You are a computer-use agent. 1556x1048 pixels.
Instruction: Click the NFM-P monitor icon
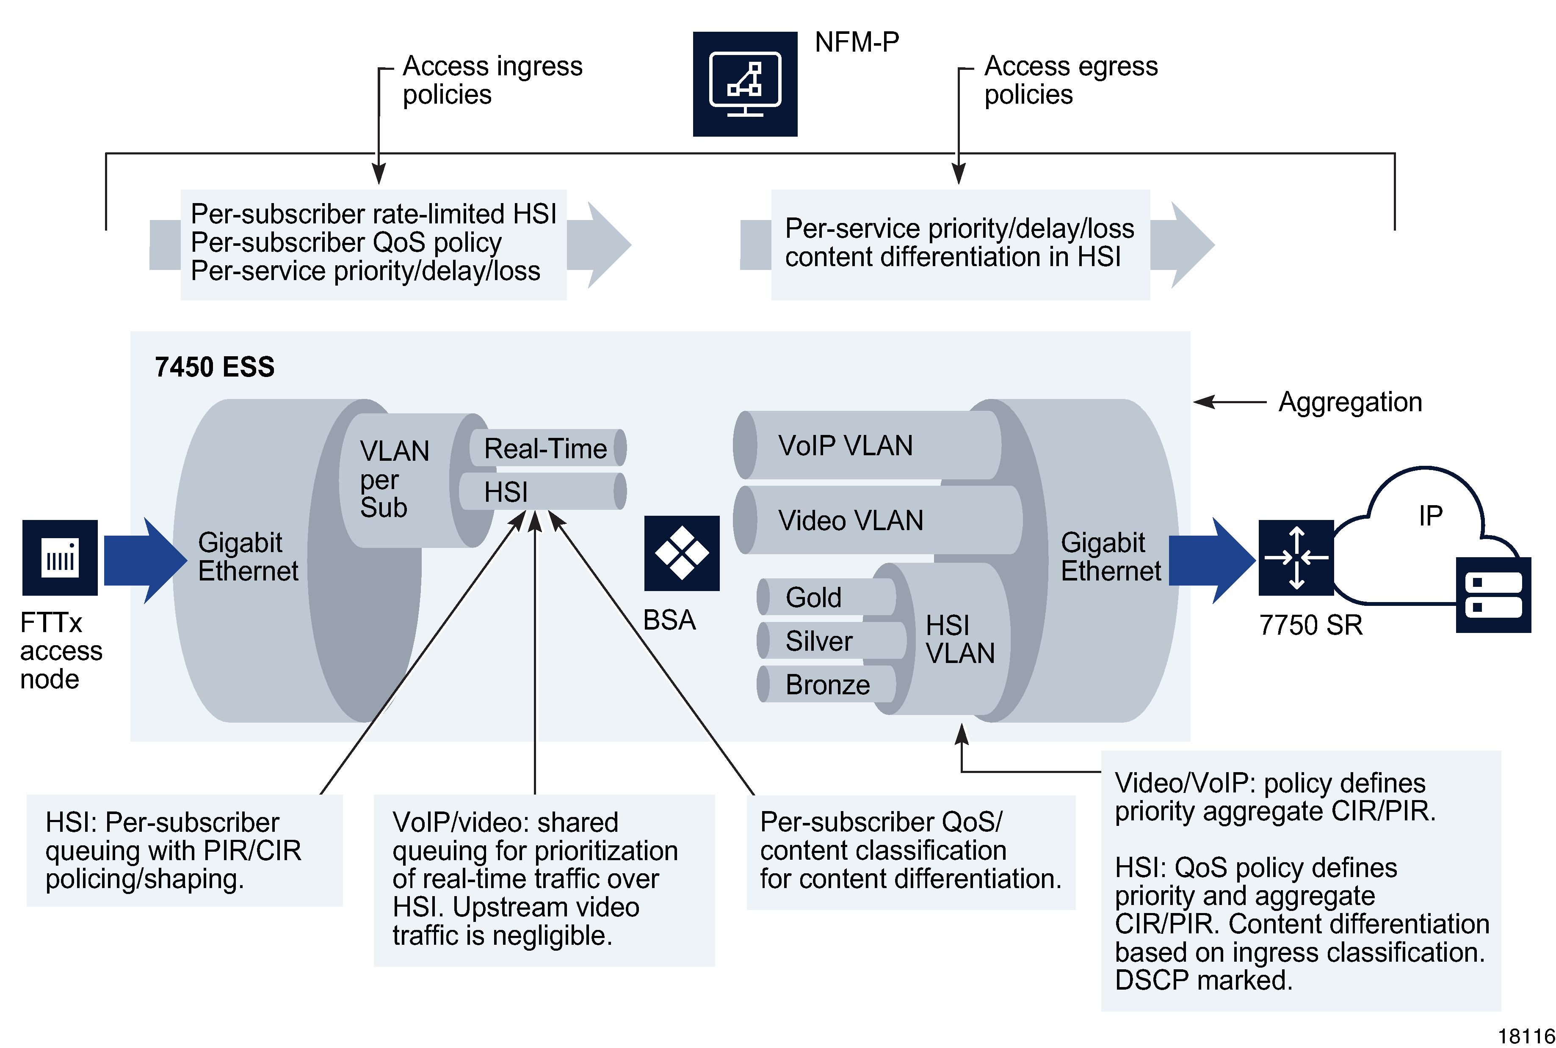point(744,84)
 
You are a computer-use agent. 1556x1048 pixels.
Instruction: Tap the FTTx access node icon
point(60,557)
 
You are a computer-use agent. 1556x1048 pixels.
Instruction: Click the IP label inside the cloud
point(1430,515)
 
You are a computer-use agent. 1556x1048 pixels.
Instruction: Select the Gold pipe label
point(813,597)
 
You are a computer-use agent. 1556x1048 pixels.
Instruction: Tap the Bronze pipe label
point(827,685)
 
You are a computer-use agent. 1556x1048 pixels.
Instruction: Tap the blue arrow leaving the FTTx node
point(144,560)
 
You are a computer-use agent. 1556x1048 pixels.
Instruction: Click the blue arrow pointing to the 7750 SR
point(1211,560)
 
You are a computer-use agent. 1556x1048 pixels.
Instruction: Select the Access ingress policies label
point(492,80)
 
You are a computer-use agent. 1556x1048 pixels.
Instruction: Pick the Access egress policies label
point(1070,80)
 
